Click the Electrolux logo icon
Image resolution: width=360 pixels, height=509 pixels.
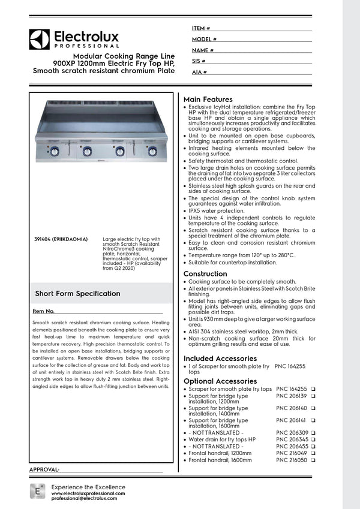(40, 39)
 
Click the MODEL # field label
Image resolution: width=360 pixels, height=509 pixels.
(204, 40)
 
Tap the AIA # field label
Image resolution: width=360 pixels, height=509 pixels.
(199, 72)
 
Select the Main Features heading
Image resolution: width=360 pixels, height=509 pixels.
(208, 99)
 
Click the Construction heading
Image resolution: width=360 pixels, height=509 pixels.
(205, 274)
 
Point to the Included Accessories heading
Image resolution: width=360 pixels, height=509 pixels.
(220, 359)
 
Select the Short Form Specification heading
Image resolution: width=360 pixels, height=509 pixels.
(77, 294)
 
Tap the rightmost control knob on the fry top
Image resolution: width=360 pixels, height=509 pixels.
(152, 150)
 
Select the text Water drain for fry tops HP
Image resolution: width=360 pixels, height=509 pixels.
(222, 439)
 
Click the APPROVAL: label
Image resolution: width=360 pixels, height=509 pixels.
(44, 469)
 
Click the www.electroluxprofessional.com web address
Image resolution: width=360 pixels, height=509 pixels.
(88, 493)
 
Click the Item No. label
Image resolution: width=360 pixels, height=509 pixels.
(43, 311)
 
